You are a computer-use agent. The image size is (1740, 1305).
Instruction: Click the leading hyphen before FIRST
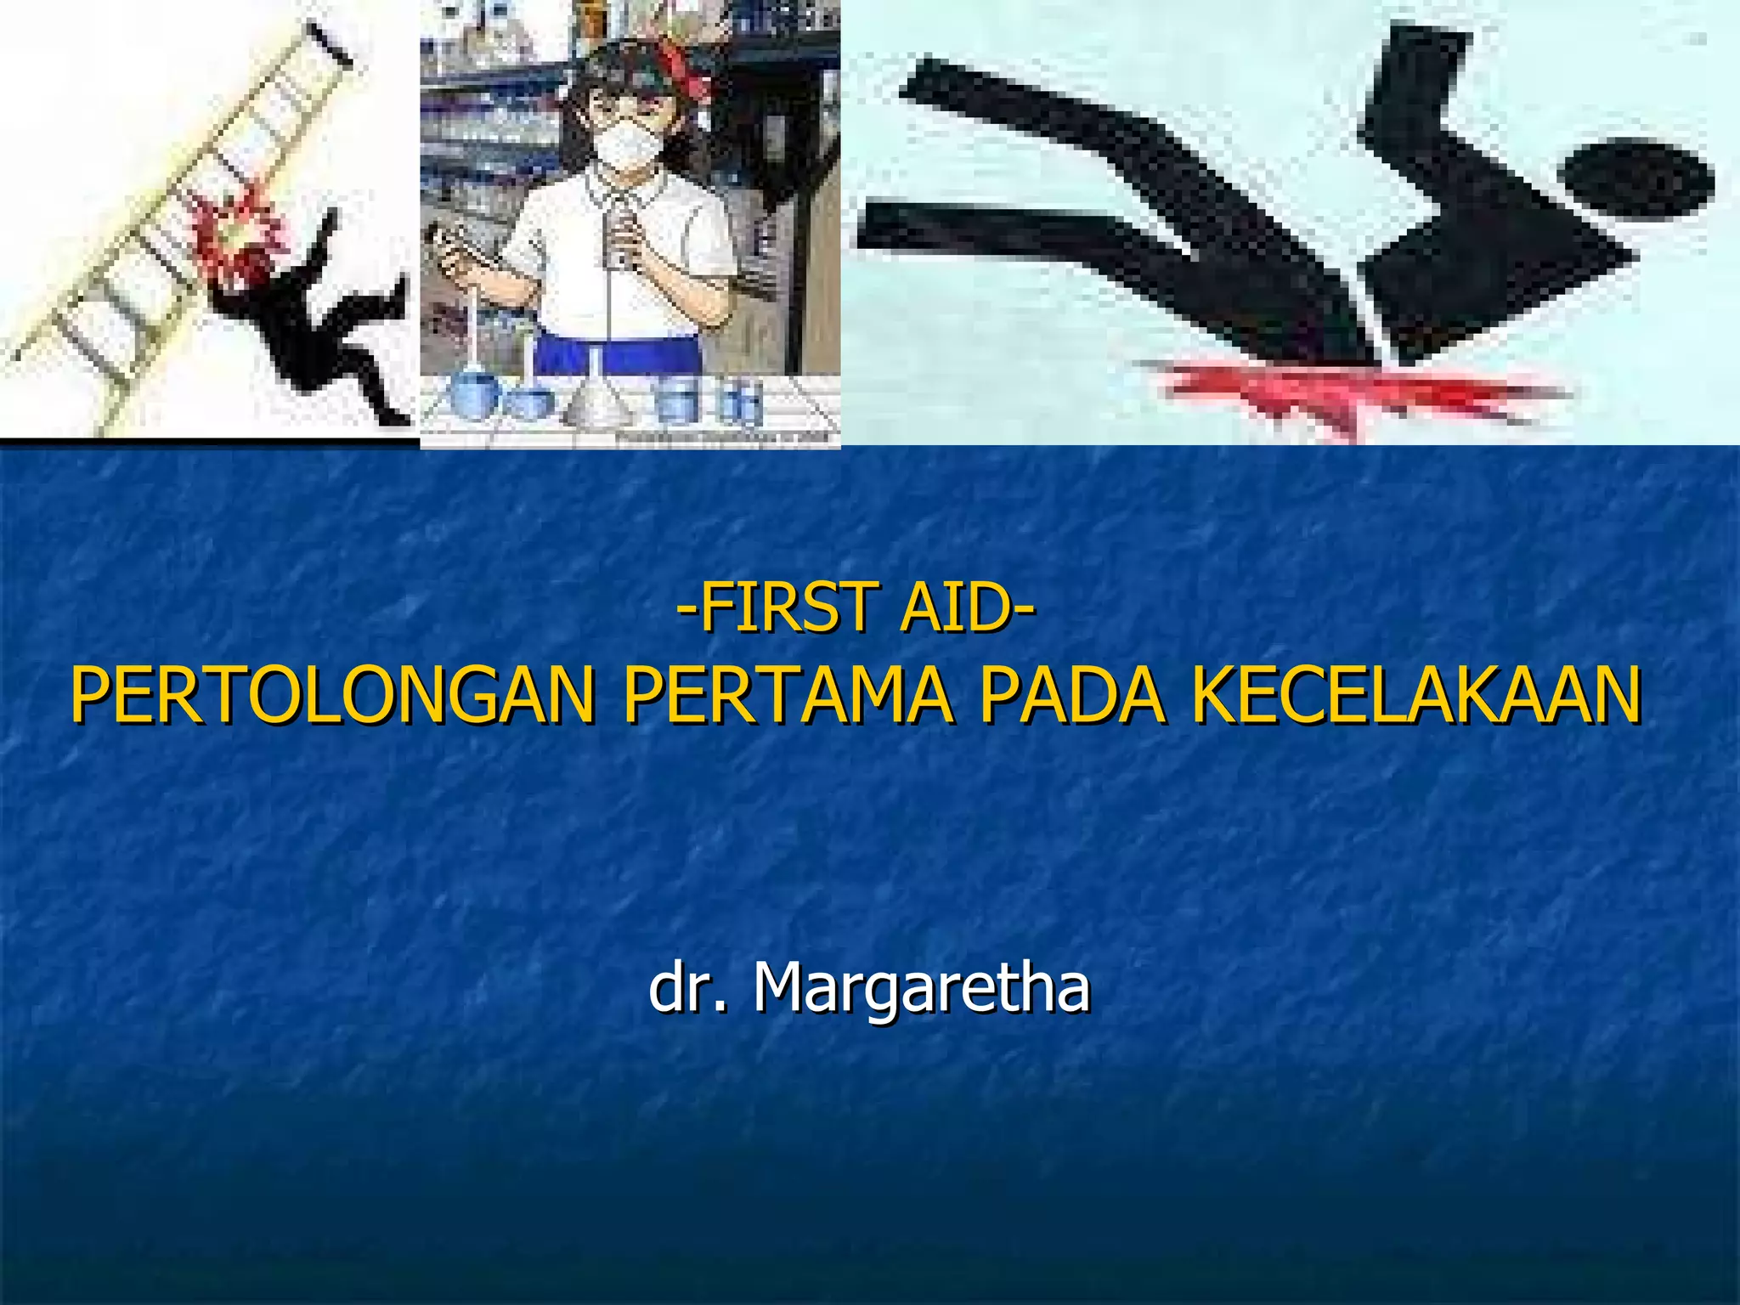686,610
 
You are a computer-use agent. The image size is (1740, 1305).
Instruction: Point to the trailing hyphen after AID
1025,610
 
